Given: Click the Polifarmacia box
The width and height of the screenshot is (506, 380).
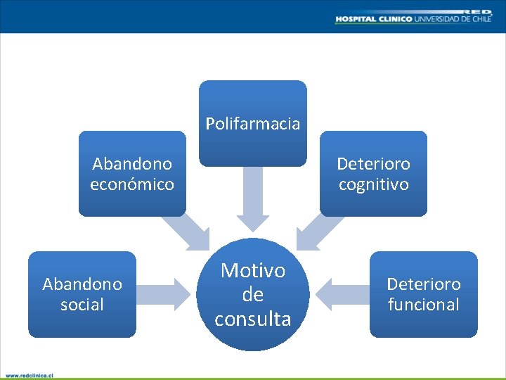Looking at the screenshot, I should pyautogui.click(x=253, y=123).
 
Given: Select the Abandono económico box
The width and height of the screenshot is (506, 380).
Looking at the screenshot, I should pyautogui.click(x=132, y=174).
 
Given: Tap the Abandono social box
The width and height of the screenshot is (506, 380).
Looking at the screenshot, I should pyautogui.click(x=82, y=294).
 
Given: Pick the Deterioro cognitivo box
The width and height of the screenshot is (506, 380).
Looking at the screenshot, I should pyautogui.click(x=373, y=174).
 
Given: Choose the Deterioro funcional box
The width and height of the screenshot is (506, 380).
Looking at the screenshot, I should pyautogui.click(x=424, y=294).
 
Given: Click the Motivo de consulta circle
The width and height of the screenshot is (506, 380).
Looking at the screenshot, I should pyautogui.click(x=253, y=294).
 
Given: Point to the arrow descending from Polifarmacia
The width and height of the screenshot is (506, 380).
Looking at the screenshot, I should pyautogui.click(x=253, y=201).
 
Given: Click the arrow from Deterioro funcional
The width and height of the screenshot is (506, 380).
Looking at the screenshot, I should pyautogui.click(x=341, y=294).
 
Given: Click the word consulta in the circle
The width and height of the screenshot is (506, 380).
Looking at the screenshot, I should pyautogui.click(x=253, y=319).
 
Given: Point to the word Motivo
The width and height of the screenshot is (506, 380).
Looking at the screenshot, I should pyautogui.click(x=253, y=270).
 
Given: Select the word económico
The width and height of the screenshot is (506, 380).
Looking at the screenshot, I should pyautogui.click(x=132, y=184).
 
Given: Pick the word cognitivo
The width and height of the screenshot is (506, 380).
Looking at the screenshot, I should pyautogui.click(x=373, y=184).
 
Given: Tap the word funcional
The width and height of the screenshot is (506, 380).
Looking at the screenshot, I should pyautogui.click(x=424, y=305).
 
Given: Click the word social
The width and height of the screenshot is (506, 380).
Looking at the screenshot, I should pyautogui.click(x=82, y=305).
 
